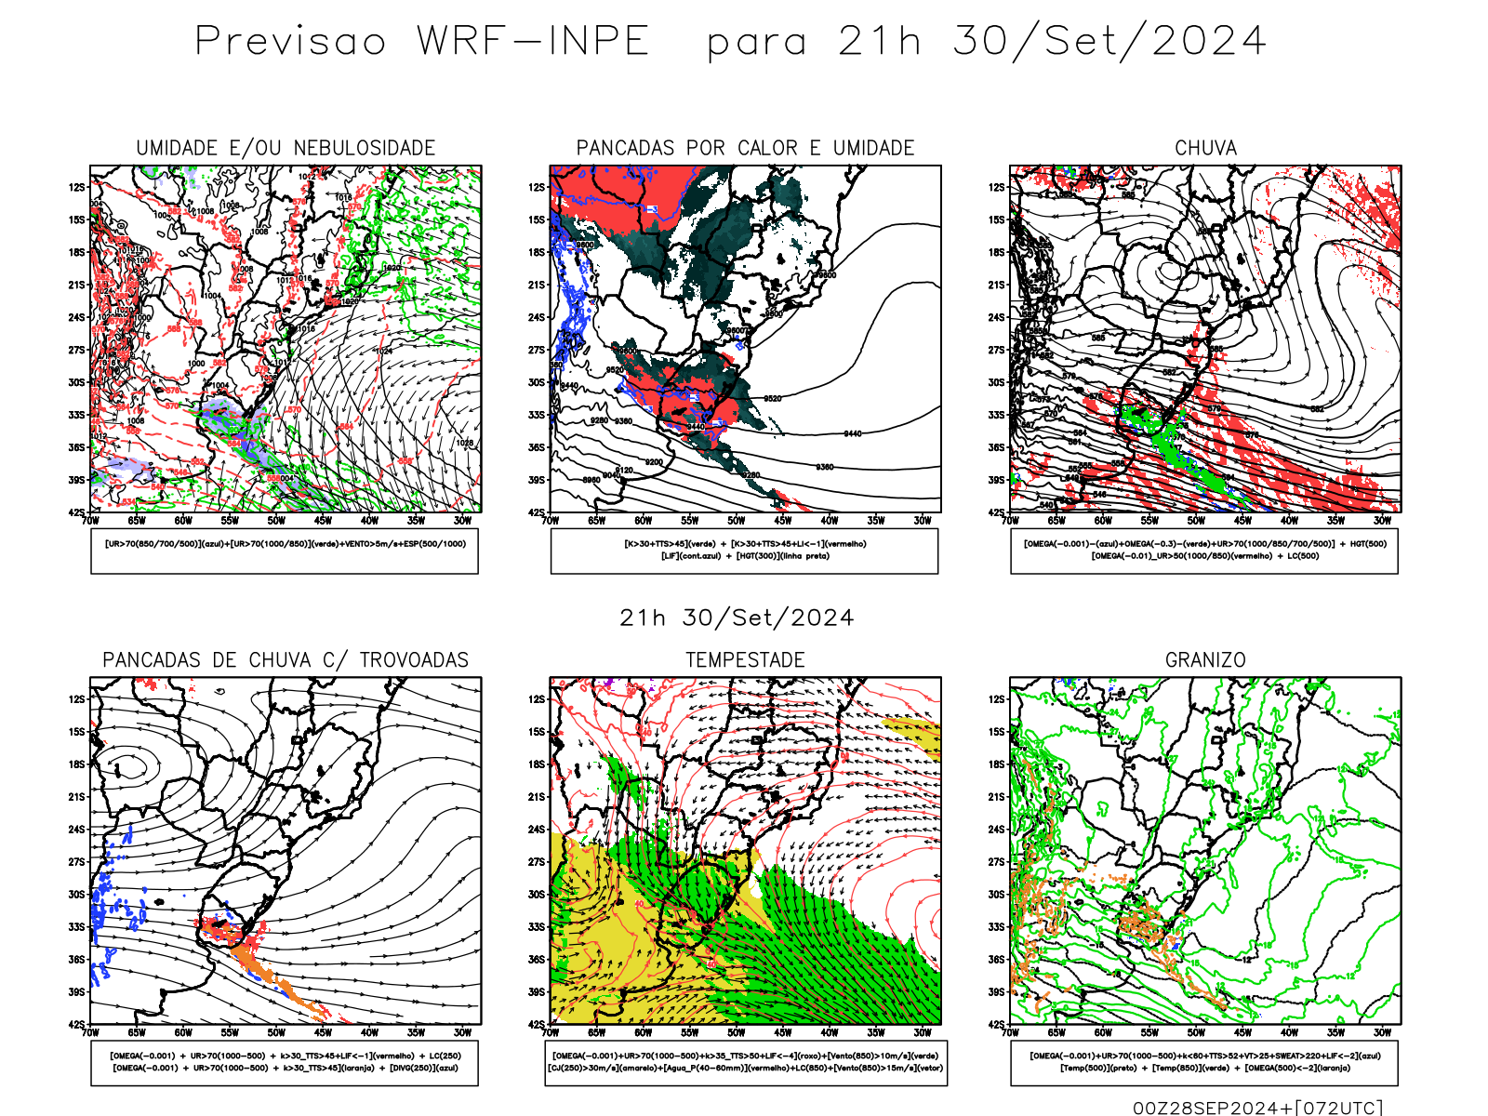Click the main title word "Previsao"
coord(290,42)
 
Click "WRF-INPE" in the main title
coord(532,42)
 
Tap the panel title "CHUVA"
coord(1205,148)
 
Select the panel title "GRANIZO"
coord(1205,660)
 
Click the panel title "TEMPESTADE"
coord(745,660)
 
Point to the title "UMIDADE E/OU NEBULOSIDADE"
coord(286,148)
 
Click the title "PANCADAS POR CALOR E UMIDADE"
coord(745,148)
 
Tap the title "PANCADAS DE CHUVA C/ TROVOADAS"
coord(286,660)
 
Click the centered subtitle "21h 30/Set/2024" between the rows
coord(737,618)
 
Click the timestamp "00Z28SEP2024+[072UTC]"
coord(1257,1108)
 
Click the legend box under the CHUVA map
coord(1204,551)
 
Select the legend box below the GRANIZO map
coord(1204,1062)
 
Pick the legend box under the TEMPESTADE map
coord(745,1062)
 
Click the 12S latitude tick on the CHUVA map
coord(997,187)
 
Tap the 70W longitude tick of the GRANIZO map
coord(1010,1032)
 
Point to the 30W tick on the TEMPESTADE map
coord(922,1032)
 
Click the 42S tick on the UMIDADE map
coord(76,512)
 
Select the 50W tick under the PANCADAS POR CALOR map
coord(736,521)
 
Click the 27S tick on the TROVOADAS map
coord(76,862)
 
